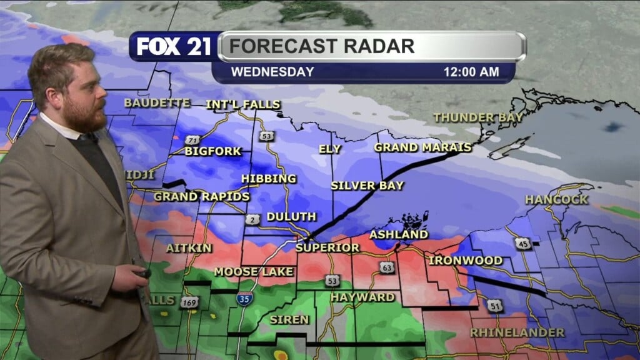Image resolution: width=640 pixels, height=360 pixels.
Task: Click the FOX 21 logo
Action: coord(174,47)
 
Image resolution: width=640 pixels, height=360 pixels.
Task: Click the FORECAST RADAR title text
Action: coord(321,46)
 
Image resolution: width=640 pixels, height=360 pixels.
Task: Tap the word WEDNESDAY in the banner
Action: coord(272,72)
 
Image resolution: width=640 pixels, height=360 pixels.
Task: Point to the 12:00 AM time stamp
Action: coord(471,72)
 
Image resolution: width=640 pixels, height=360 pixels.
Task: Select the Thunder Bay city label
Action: coord(478,117)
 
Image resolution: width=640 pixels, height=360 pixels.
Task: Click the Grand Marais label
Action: coord(422,147)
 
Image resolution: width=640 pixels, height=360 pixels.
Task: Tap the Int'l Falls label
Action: coord(244,104)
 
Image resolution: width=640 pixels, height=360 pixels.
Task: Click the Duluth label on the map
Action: coord(291,217)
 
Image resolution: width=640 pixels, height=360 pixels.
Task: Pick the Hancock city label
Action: coord(556,200)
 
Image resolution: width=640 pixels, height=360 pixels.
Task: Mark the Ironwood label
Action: coord(466,260)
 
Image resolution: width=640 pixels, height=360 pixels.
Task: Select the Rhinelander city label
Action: coord(517,332)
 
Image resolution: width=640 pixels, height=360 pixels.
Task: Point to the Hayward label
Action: coord(362,297)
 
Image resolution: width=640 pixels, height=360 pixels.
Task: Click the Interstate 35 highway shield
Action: coord(244,299)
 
